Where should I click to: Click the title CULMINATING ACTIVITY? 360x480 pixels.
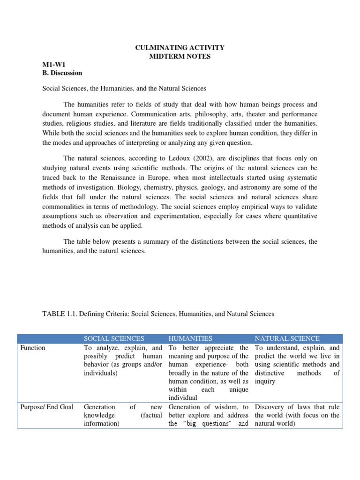tap(180, 47)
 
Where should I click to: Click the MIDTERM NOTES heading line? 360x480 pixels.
tap(180, 56)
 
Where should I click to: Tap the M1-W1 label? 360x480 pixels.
tap(52, 65)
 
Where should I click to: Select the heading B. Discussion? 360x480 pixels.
tap(62, 73)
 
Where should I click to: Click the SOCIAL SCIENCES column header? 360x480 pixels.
tap(114, 338)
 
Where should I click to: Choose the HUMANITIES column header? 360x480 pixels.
tap(190, 338)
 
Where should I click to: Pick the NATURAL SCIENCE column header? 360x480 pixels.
tap(287, 338)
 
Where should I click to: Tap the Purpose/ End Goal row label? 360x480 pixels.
tap(46, 407)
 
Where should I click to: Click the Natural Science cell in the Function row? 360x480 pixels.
tap(297, 365)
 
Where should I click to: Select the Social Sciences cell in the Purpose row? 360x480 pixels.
tap(123, 415)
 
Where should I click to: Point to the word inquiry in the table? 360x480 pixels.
tap(265, 382)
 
